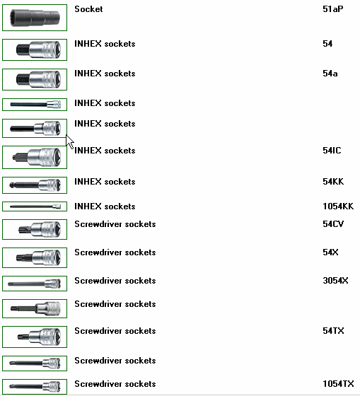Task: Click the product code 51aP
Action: point(332,9)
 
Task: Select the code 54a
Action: point(330,74)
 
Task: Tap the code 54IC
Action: point(332,151)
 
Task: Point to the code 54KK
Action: point(333,182)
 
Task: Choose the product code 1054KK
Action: point(338,206)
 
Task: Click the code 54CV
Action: point(333,224)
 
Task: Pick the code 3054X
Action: point(335,281)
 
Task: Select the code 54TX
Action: point(333,331)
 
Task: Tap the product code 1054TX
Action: point(338,384)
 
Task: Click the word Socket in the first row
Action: point(88,9)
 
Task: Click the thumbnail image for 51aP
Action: point(35,18)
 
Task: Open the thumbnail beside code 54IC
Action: point(35,157)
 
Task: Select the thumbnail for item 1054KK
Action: point(35,206)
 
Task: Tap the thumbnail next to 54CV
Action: point(35,229)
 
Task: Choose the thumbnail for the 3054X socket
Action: point(35,284)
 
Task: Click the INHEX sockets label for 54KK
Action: point(105,182)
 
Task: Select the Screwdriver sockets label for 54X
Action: point(115,252)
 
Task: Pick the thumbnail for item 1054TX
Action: point(35,386)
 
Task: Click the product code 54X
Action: point(330,252)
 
